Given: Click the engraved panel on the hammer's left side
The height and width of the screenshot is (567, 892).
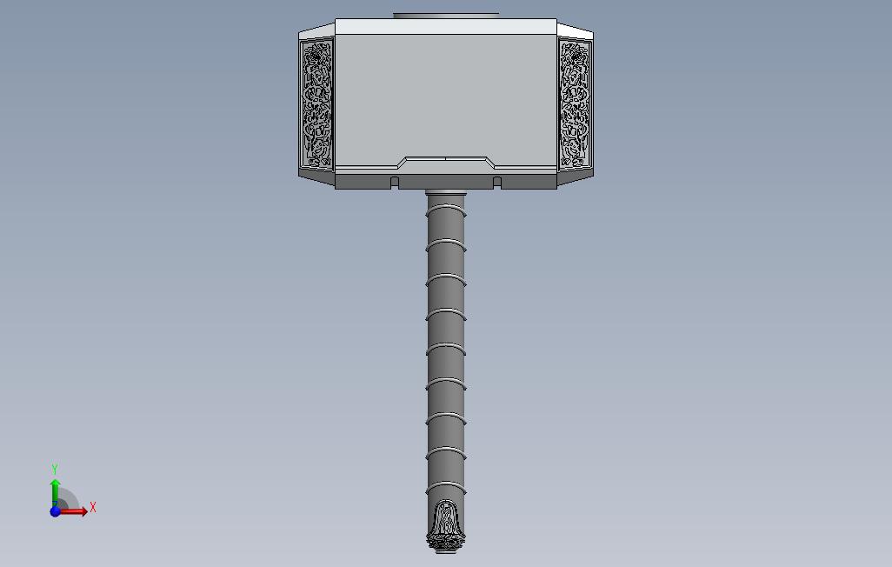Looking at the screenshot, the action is (316, 104).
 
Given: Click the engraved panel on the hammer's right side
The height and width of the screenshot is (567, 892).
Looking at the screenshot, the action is (575, 104).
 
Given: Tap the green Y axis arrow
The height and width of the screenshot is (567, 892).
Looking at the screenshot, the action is (55, 490).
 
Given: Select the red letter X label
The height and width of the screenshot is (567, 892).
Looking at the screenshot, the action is (93, 507).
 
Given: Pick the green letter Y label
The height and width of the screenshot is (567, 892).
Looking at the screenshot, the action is (55, 469).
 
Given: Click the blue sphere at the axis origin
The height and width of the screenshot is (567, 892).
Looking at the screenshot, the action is (55, 511).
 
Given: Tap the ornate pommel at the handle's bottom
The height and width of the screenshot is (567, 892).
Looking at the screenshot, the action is (446, 527).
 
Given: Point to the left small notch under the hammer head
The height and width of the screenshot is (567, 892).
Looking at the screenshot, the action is (395, 182).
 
